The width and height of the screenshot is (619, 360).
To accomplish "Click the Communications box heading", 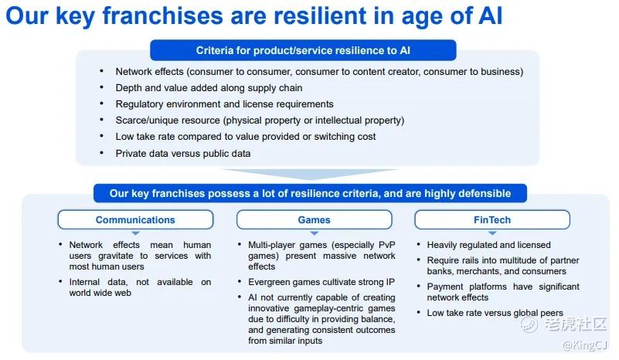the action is pos(135,220).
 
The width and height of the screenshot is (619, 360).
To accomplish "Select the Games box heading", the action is pos(315,220).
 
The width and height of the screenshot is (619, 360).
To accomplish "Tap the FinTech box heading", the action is pos(492,220).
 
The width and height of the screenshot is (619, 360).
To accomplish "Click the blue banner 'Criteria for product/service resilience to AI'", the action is pos(303,50).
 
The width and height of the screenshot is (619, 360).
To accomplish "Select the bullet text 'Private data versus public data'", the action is pos(183,153).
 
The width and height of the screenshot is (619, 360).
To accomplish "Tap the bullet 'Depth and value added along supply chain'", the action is pos(209,87).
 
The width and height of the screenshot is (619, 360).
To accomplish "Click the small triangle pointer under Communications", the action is pos(135,233).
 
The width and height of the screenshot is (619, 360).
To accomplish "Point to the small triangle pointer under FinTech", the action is pos(492,233).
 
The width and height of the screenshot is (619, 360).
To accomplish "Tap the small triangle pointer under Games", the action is pos(315,233).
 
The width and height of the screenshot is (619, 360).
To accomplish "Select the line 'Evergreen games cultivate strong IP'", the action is pos(321,282).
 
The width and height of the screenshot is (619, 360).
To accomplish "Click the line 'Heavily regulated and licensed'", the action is pos(488,245).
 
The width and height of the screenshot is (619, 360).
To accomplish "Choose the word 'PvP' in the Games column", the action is pos(387,245).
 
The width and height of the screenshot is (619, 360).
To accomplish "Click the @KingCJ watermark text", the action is pos(585,345).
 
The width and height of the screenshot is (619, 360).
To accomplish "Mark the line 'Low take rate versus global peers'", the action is pos(495,313).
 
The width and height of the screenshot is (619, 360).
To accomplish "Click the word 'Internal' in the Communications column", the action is pos(84,282).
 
